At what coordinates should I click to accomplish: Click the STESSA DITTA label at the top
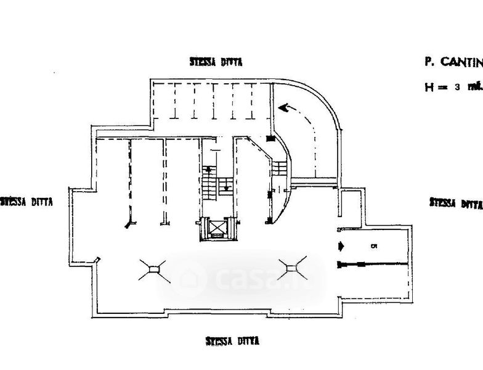pos(216,62)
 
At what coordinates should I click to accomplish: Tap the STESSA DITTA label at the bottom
pos(232,341)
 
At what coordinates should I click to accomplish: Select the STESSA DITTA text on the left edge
pos(26,202)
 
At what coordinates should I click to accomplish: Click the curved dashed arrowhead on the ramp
pos(284,109)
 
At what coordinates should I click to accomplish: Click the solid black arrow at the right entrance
pos(341,247)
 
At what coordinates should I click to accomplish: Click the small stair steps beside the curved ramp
pos(280,168)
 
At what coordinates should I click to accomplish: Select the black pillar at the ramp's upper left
pos(270,140)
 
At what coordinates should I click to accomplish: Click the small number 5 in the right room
pos(374,247)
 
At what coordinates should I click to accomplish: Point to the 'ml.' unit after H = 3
pos(474,87)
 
